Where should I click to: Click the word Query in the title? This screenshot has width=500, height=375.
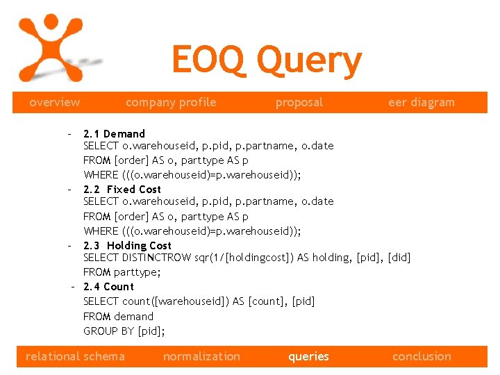point(309,60)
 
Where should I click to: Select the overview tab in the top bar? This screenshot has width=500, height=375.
point(54,102)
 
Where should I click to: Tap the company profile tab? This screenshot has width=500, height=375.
point(171,102)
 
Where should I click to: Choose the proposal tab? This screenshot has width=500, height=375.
point(299,102)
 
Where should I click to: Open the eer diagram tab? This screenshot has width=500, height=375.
point(421,102)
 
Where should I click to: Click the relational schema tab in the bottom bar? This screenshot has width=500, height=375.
point(75,356)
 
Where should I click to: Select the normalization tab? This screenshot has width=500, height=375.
point(201,356)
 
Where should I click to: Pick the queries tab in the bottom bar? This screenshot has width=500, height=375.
point(308,356)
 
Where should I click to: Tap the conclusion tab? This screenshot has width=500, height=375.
point(422,356)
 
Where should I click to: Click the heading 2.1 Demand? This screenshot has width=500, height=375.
point(114,133)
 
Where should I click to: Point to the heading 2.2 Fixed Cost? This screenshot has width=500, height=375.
point(122,189)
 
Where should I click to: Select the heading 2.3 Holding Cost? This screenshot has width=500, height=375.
point(127,245)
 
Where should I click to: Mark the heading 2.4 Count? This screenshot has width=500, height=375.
point(108,286)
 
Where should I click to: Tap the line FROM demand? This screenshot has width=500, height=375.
point(118,316)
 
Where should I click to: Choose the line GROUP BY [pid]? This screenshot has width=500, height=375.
point(124,331)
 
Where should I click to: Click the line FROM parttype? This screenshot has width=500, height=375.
point(122,272)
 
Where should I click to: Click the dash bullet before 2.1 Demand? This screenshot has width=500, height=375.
point(69,133)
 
